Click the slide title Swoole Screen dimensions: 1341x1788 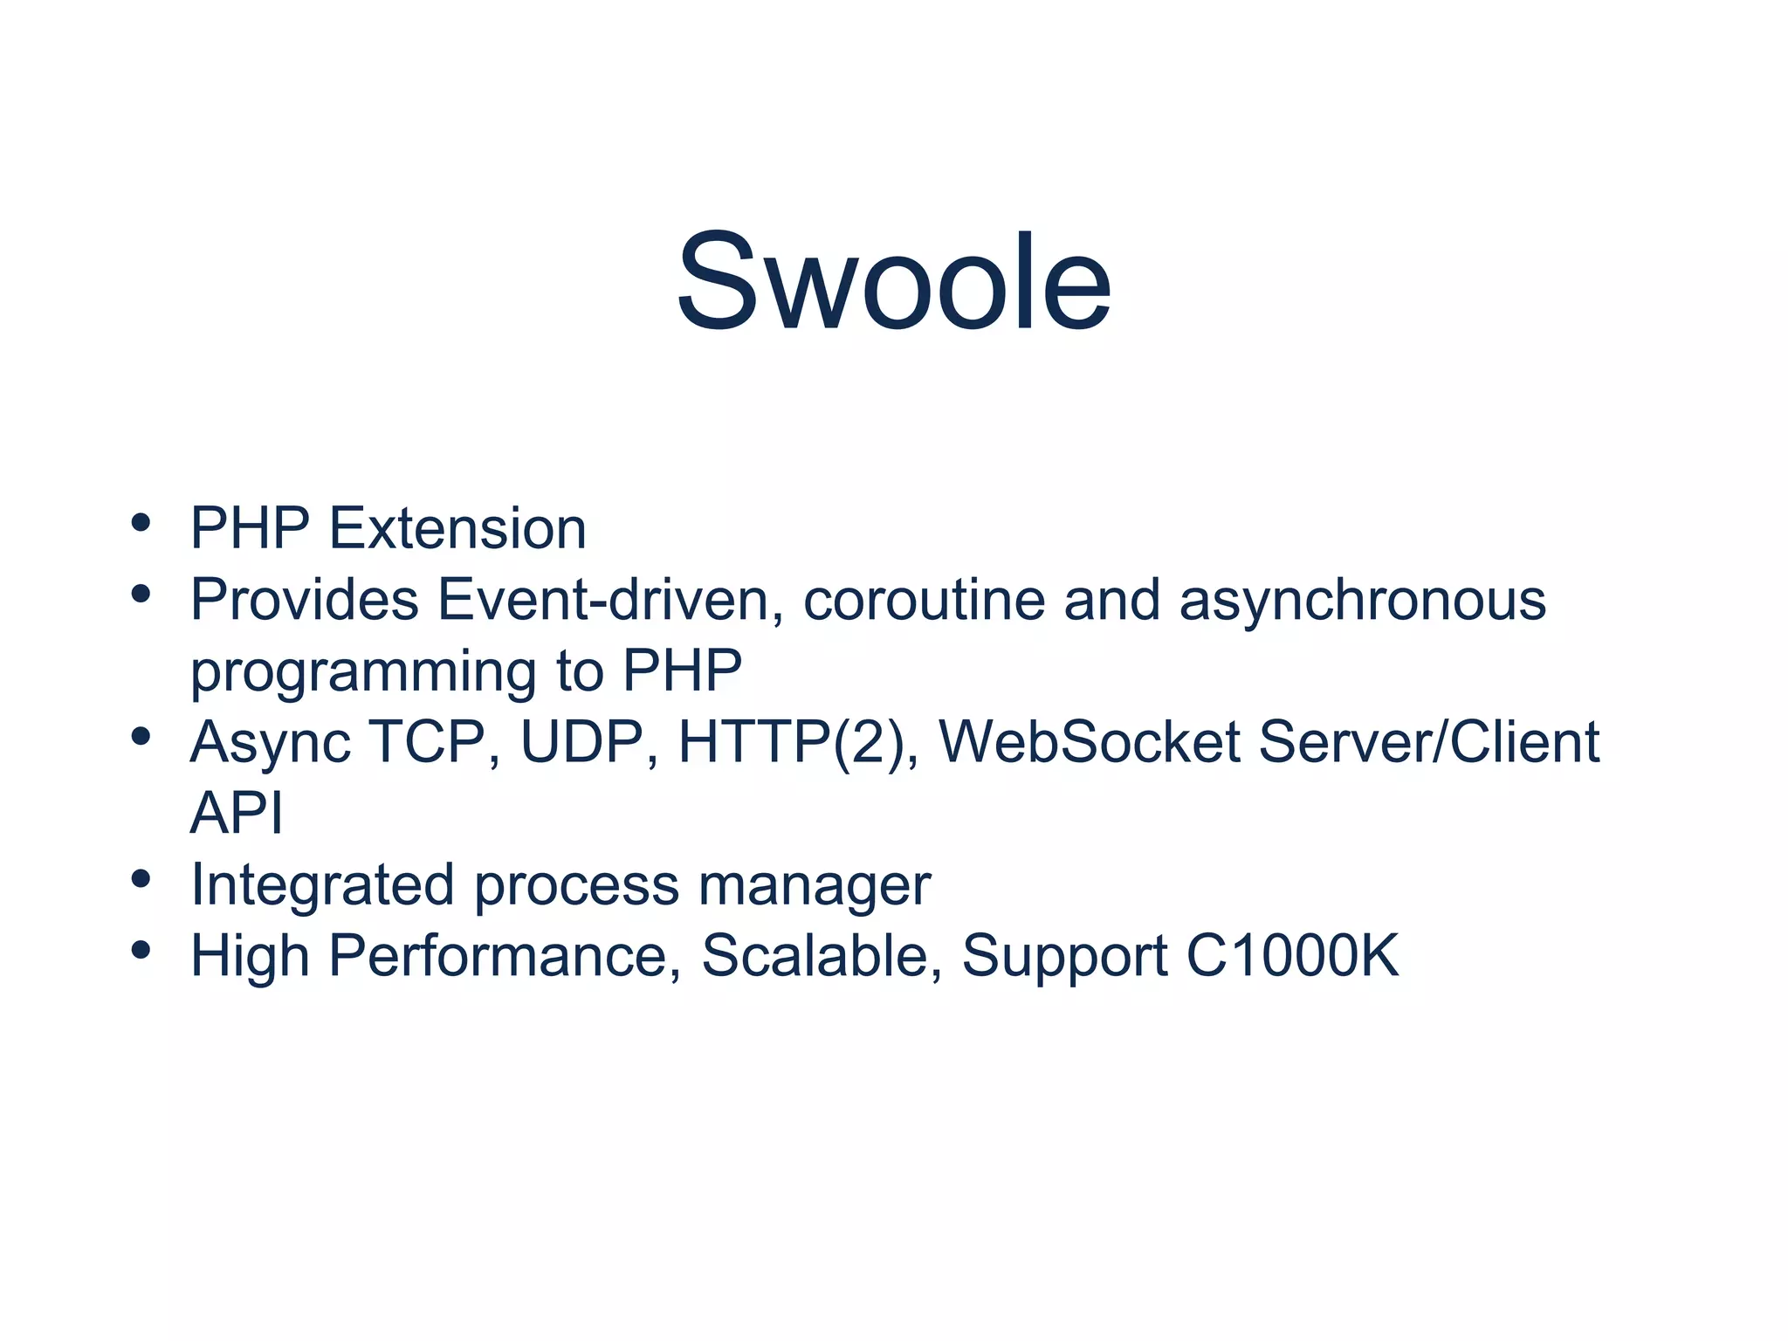point(894,282)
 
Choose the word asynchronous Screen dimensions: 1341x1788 point(1362,602)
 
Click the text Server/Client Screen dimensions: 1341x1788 point(1429,742)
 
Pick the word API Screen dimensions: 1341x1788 point(237,813)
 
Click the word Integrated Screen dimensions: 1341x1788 point(322,884)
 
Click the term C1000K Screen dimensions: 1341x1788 point(1292,955)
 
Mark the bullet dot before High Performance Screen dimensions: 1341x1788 point(141,949)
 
